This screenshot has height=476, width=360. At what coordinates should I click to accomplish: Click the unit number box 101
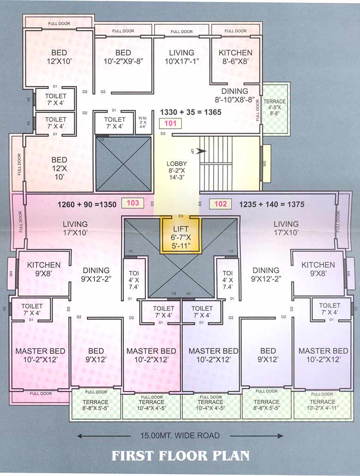tap(171, 123)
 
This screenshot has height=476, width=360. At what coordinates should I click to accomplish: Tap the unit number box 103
tap(132, 203)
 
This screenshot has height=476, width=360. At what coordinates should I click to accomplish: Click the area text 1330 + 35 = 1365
tap(191, 112)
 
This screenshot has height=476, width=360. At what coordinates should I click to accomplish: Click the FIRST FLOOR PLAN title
tap(180, 456)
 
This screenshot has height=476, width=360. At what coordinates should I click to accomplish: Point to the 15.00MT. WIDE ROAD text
tap(180, 435)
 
